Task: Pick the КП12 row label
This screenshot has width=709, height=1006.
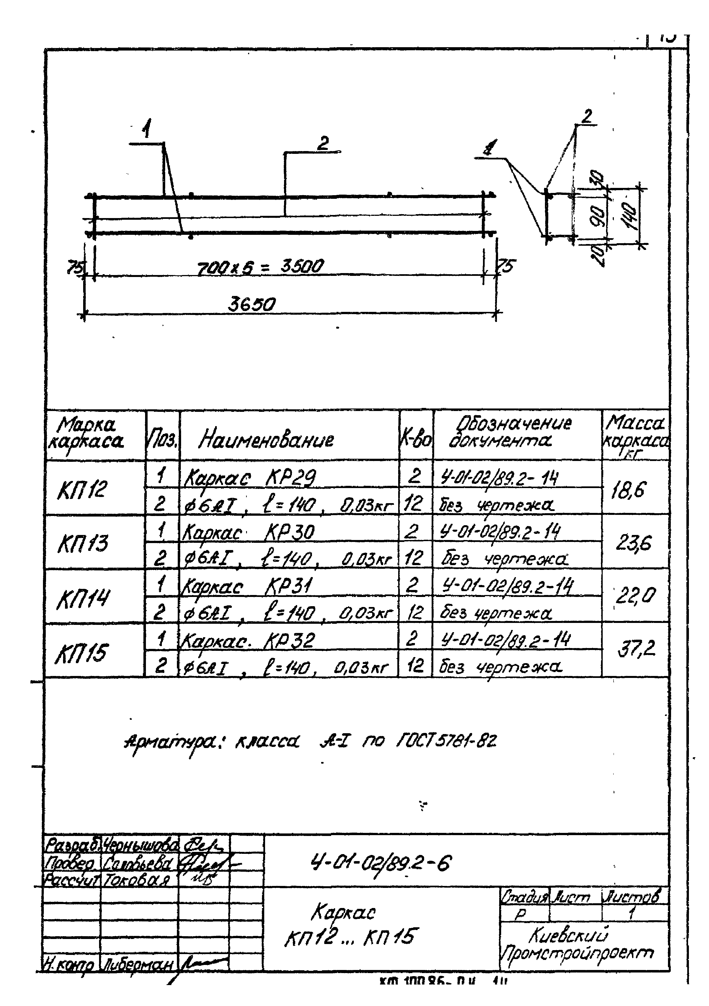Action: (x=82, y=489)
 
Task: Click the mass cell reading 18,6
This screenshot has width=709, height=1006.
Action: (x=628, y=489)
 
